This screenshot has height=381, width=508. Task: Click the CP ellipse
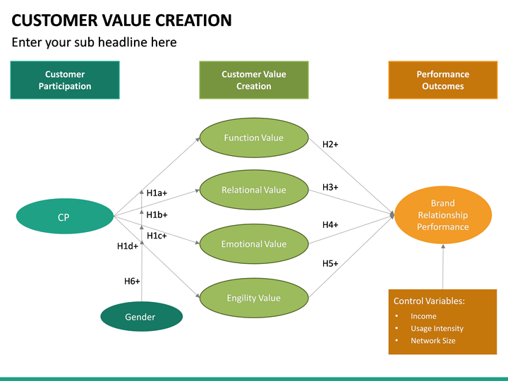click(64, 217)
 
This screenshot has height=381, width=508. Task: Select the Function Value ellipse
click(253, 138)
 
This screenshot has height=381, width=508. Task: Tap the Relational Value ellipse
click(253, 189)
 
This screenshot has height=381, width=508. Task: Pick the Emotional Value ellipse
click(253, 243)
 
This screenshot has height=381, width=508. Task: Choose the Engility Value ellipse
click(253, 298)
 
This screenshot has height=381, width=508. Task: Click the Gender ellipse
click(141, 317)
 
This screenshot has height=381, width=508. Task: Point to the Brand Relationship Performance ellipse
click(442, 215)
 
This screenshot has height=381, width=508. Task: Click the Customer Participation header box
click(65, 80)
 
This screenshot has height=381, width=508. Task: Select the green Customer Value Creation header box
click(253, 80)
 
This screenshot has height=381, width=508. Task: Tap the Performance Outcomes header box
click(442, 80)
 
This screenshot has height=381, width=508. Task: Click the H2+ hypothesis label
click(330, 145)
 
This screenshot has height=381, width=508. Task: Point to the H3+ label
click(330, 187)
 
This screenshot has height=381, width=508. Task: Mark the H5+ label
click(330, 263)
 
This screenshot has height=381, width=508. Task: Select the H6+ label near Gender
click(132, 281)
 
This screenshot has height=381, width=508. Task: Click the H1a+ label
click(157, 193)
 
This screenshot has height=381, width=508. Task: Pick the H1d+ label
click(128, 246)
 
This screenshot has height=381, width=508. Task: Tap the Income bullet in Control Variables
click(423, 316)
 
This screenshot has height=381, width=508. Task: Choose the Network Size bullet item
click(433, 341)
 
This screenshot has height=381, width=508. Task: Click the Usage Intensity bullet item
click(437, 328)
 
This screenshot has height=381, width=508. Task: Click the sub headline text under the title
click(94, 42)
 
